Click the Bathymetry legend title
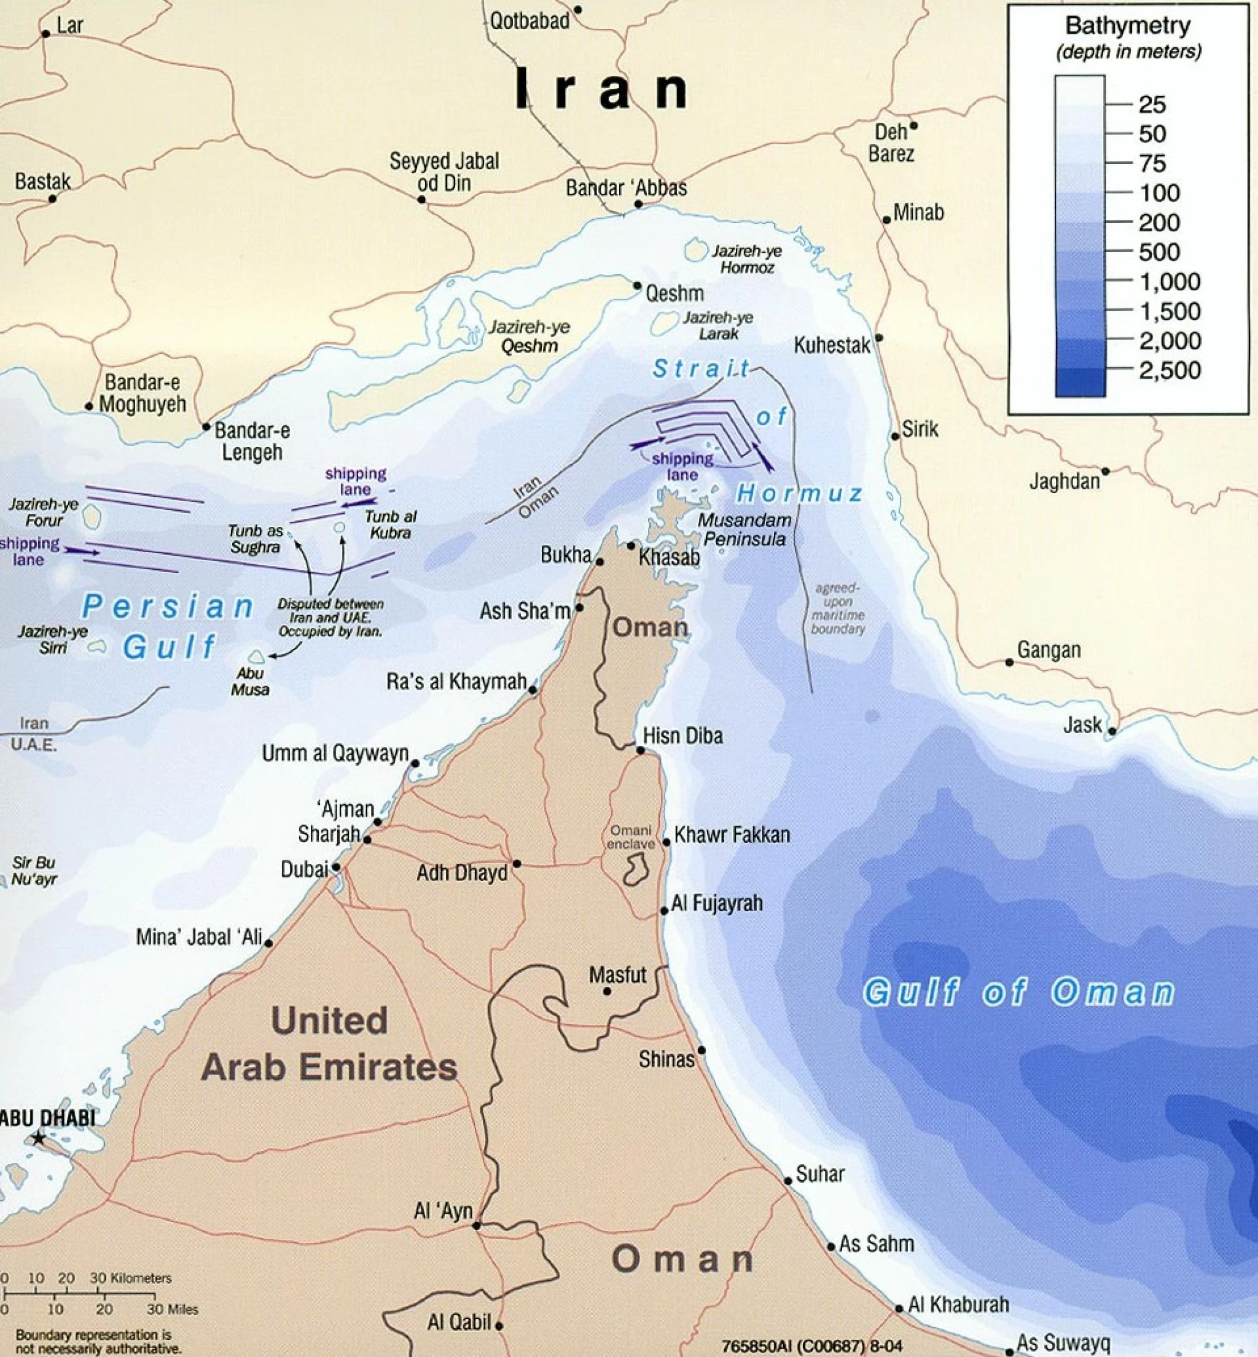pos(1128,26)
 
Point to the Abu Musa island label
pos(250,681)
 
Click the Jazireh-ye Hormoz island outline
pos(695,250)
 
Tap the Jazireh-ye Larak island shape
pos(664,323)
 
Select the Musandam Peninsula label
pos(744,529)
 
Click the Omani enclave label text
pos(631,837)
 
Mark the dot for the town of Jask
pos(1112,731)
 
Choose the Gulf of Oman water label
pos(1018,992)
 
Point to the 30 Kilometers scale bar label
pos(131,1278)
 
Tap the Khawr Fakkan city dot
pos(666,842)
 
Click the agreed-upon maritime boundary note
pos(837,609)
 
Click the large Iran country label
pos(601,89)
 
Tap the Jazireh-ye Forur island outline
pos(92,518)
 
